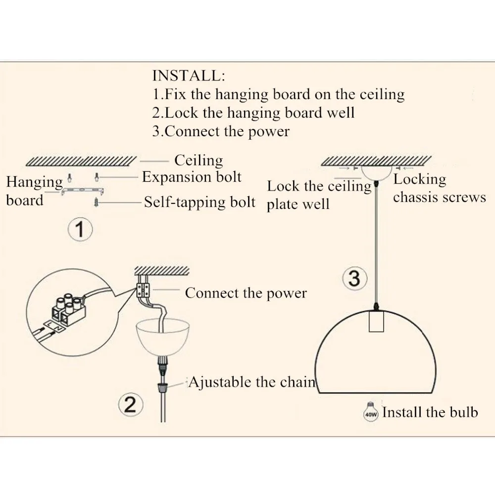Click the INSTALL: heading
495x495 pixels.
[189, 76]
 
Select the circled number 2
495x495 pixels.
[130, 405]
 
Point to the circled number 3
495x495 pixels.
[354, 279]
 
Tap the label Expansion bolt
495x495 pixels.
[192, 177]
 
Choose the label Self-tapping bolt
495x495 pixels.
[199, 202]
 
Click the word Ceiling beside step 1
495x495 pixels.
[198, 160]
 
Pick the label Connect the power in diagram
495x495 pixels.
[246, 293]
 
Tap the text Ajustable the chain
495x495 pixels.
[251, 382]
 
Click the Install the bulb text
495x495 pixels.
[430, 412]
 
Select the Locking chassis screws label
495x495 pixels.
[439, 189]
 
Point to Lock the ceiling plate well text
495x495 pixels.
[319, 195]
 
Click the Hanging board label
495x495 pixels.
[34, 191]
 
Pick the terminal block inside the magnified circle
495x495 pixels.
[69, 306]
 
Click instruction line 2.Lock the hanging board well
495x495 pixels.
[253, 112]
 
